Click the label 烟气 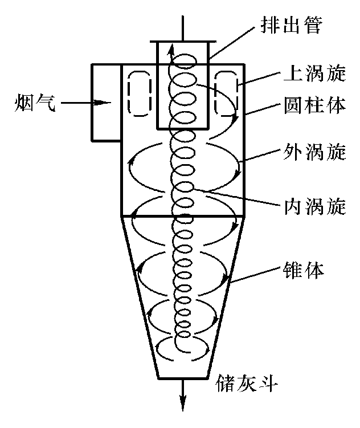[x=35, y=103]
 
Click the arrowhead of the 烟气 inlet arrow [x=104, y=103]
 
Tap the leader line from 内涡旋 [x=239, y=197]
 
